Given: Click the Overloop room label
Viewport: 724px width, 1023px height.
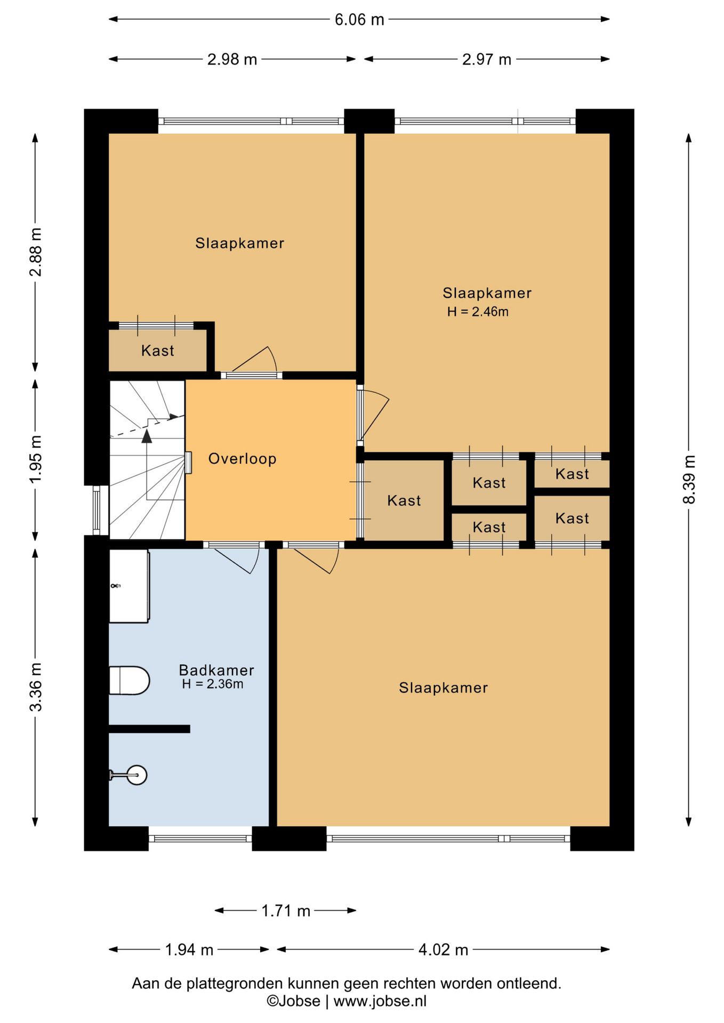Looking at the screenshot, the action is [242, 459].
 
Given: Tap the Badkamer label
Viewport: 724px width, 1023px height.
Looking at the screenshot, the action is [216, 670].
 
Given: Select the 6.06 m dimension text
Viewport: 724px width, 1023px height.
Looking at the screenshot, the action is [359, 20].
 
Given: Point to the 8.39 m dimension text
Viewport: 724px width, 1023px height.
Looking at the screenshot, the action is [689, 479].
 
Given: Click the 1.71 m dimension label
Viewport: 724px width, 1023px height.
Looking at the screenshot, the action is [286, 911].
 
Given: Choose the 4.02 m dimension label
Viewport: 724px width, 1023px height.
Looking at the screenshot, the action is [443, 949].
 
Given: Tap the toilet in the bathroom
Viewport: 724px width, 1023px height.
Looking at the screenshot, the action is [129, 680].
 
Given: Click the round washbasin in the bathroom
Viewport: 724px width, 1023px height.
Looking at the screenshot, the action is [136, 775].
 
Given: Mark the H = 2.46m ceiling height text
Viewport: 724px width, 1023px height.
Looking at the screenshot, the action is [478, 312].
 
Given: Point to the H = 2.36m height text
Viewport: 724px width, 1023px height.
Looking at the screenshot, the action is [213, 684].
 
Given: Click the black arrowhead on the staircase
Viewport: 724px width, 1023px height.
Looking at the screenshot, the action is [147, 436].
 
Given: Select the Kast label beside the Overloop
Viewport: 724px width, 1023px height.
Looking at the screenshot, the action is [404, 500].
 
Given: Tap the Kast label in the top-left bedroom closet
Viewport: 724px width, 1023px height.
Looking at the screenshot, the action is [158, 351].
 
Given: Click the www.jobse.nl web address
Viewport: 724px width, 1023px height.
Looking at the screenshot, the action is [380, 1001].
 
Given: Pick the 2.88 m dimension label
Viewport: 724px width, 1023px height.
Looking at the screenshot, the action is [35, 252].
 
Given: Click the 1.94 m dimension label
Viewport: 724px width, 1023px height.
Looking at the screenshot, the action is [189, 949].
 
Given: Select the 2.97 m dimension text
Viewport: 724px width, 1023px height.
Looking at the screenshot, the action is [487, 59].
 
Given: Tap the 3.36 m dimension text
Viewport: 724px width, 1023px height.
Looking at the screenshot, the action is [35, 687].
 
